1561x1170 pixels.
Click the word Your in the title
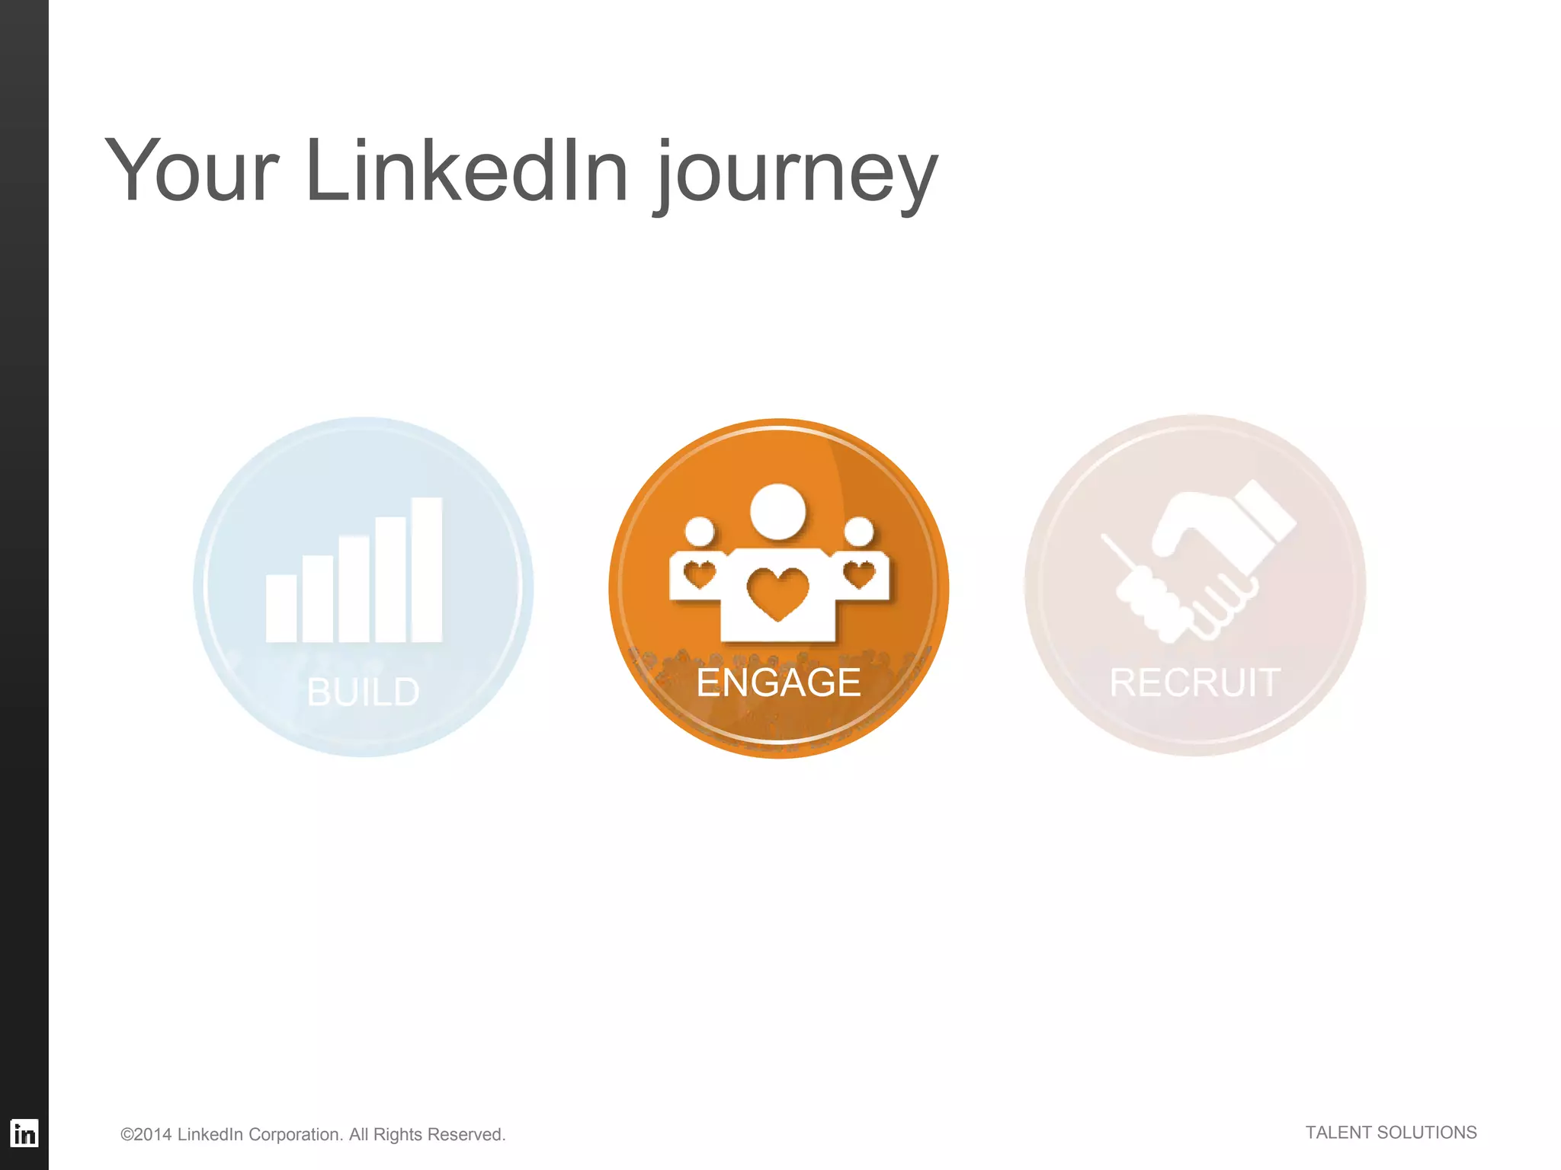(x=191, y=171)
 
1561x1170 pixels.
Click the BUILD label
(x=364, y=692)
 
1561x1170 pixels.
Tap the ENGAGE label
(x=778, y=682)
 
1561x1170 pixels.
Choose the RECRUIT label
(x=1194, y=682)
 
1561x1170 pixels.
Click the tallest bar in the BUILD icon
(x=427, y=569)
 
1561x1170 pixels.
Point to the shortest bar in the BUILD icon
(x=280, y=608)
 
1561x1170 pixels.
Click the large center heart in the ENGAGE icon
(x=777, y=593)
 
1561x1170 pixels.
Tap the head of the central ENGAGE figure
(x=777, y=510)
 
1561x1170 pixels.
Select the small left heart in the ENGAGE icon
(x=699, y=574)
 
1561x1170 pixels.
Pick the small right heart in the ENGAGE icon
(x=859, y=574)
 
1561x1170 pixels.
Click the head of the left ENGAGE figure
(x=699, y=531)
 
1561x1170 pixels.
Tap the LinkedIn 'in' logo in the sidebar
(x=24, y=1133)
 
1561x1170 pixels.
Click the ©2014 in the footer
(x=146, y=1134)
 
